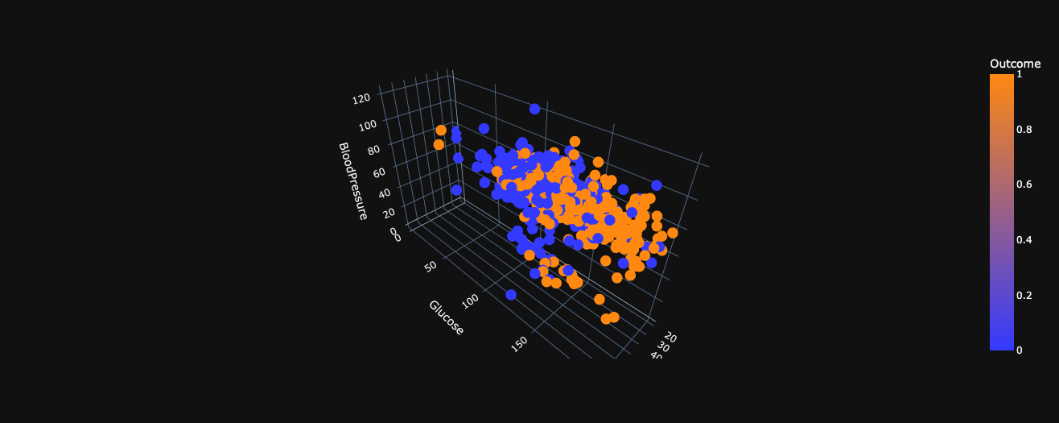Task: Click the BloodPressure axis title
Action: point(352,181)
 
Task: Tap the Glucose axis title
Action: point(447,317)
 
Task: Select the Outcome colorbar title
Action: point(1015,64)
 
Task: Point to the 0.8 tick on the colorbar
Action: point(1024,129)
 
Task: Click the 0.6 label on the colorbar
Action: point(1024,185)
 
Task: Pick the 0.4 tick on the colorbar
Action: point(1024,240)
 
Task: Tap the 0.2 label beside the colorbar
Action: point(1024,296)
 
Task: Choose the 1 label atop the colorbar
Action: point(1020,74)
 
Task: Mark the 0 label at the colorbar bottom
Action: point(1020,350)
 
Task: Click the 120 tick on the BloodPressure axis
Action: point(361,98)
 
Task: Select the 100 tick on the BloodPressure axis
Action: point(367,126)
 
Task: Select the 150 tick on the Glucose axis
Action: point(519,344)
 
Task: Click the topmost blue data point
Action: point(534,109)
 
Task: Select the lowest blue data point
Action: point(511,294)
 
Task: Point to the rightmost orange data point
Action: point(672,234)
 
